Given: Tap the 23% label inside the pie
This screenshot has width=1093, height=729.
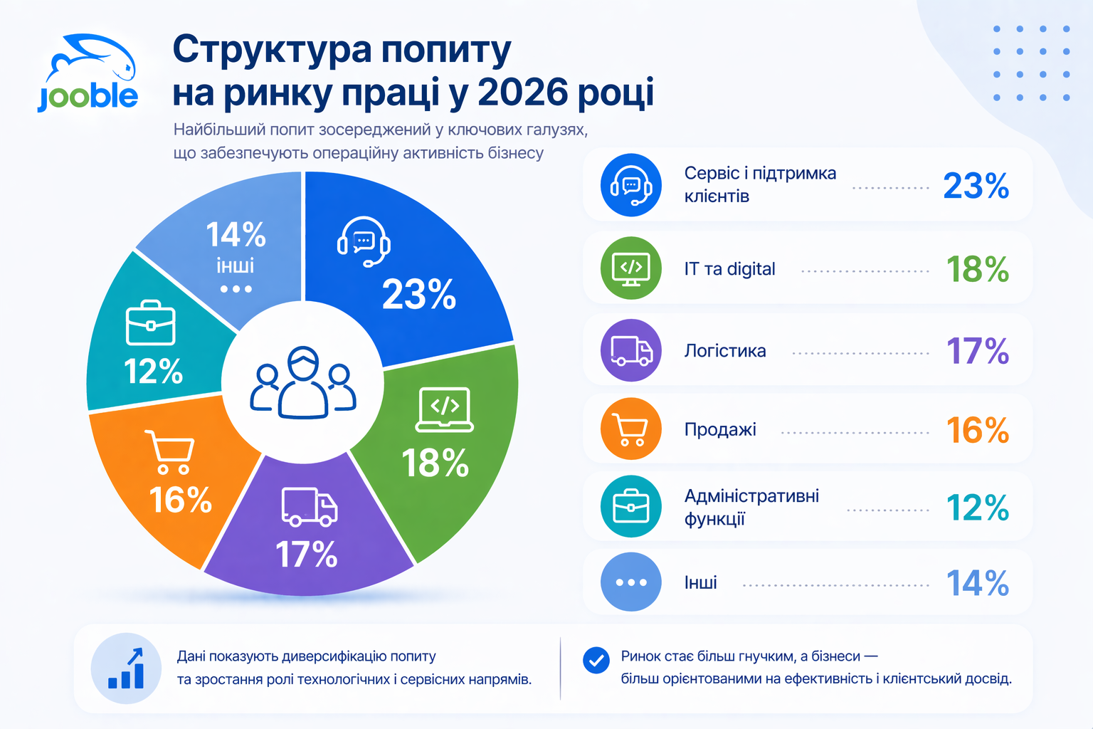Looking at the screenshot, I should [419, 294].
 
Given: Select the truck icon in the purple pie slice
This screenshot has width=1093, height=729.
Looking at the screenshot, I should [309, 507].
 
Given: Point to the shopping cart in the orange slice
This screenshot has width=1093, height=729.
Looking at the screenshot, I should [171, 451].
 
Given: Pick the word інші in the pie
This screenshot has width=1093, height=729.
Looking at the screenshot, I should [236, 266].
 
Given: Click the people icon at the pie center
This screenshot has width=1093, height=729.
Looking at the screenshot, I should [303, 383].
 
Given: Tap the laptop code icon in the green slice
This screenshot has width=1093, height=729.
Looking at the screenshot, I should [445, 409].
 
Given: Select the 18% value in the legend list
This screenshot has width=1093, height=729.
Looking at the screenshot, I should [977, 270].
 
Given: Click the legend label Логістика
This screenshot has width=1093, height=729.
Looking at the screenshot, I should [725, 351].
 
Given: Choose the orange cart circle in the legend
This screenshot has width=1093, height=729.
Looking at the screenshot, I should [631, 429].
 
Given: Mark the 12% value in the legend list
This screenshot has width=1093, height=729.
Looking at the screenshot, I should [977, 508].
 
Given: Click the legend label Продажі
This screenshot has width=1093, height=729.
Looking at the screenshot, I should [720, 430].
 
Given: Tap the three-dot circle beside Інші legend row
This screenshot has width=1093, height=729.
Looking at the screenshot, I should [631, 582].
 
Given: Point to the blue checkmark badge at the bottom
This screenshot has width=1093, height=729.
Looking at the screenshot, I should [596, 660].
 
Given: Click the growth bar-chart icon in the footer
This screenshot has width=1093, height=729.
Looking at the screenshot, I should [127, 668].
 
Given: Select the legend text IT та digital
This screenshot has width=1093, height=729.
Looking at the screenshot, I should [729, 269].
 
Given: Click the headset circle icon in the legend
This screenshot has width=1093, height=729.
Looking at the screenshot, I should [631, 185].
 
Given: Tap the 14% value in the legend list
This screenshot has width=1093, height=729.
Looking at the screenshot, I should [977, 584].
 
